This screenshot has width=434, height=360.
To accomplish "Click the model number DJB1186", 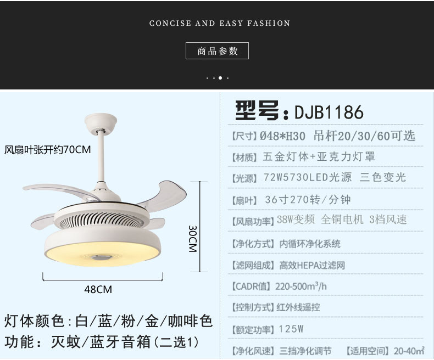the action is coord(329,112).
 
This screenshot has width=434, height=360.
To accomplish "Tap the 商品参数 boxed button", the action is coord(218,51).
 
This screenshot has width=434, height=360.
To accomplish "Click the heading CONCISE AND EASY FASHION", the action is coord(220,23).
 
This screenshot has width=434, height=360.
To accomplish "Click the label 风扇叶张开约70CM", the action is coord(48,149).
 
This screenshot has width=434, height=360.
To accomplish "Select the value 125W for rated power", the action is coord(291,330).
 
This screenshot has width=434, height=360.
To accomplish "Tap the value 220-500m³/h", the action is coord(301,286).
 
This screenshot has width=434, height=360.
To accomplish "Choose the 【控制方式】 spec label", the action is coord(252,308).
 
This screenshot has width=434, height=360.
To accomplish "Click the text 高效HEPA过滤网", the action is coord(312,265).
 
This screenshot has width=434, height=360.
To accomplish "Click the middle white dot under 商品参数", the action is coord(220,78).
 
